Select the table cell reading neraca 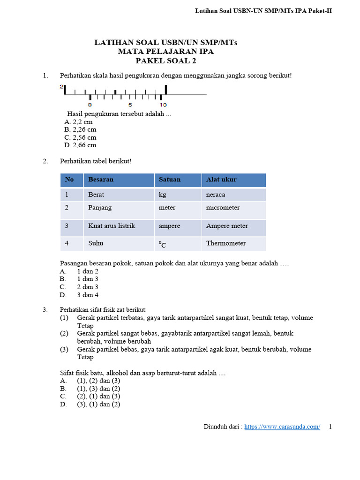216,195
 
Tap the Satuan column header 170,180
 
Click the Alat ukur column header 221,180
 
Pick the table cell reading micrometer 223,207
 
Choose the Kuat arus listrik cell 112,226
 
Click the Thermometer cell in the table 226,243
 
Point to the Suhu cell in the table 96,243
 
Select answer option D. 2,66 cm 80,145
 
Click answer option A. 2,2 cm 78,122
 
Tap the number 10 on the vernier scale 163,105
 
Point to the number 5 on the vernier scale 130,105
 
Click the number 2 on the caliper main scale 61,87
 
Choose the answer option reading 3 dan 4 88,295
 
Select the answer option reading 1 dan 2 88,271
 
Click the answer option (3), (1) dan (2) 98,404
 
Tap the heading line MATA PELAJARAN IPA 166,52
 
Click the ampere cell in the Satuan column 169,226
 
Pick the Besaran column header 101,180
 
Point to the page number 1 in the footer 330,427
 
